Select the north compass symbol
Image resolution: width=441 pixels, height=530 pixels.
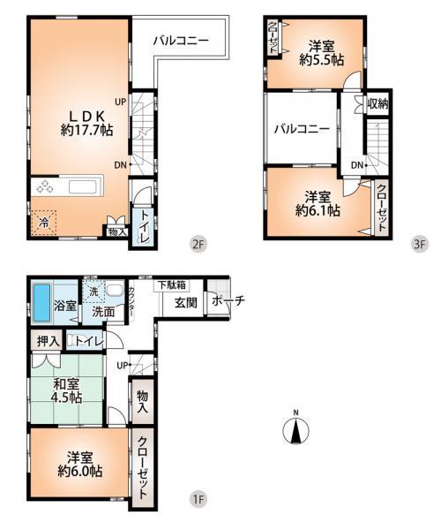coord(297,429)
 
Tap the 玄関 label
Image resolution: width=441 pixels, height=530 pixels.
coord(184,302)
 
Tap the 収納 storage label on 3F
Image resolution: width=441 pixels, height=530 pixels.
coord(378,103)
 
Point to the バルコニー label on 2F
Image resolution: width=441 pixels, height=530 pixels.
coord(180,41)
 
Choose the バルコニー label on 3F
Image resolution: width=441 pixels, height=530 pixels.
coord(301,129)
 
